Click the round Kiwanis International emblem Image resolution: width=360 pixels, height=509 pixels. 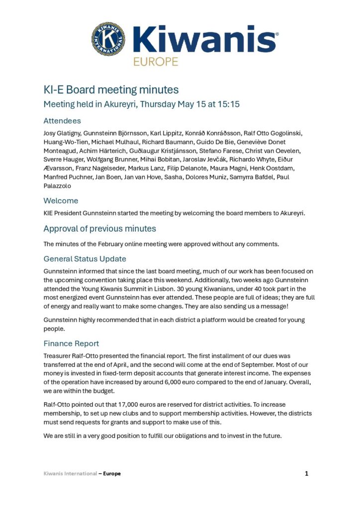coord(108,39)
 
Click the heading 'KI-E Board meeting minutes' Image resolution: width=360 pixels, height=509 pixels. coord(111,90)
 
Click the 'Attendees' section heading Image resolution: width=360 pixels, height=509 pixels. coord(62,121)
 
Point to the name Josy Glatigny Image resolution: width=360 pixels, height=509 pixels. coord(60,133)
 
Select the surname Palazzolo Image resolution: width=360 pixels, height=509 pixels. coord(59,186)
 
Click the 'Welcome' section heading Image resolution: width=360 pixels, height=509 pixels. coord(61,201)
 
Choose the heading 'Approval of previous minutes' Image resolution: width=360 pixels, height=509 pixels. coord(99,229)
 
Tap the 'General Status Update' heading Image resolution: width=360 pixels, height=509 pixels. coord(85,259)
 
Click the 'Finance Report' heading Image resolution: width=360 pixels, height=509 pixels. coord(71,343)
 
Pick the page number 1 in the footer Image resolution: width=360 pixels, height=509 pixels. coord(307,474)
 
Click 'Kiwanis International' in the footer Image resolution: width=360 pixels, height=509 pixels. coord(70,474)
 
